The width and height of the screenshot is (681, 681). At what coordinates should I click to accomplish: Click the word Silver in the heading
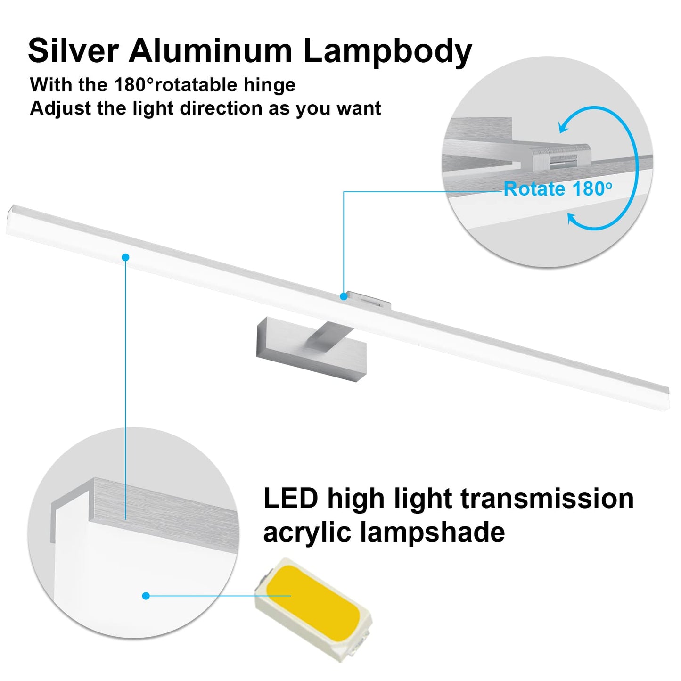(74, 50)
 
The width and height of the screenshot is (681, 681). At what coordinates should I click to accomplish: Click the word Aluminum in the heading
(211, 50)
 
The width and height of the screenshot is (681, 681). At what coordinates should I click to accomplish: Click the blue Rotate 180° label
(558, 189)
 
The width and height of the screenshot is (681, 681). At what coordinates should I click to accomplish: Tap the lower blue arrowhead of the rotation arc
(572, 219)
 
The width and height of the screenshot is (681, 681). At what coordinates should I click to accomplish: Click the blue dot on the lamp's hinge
(344, 296)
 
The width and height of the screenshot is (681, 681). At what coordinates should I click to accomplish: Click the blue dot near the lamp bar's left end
(125, 257)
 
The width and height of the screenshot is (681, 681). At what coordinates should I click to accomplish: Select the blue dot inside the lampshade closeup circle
(146, 596)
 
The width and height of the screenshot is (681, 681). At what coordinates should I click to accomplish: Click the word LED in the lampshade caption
(290, 499)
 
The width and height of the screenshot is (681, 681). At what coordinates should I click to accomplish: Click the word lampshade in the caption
(433, 533)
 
